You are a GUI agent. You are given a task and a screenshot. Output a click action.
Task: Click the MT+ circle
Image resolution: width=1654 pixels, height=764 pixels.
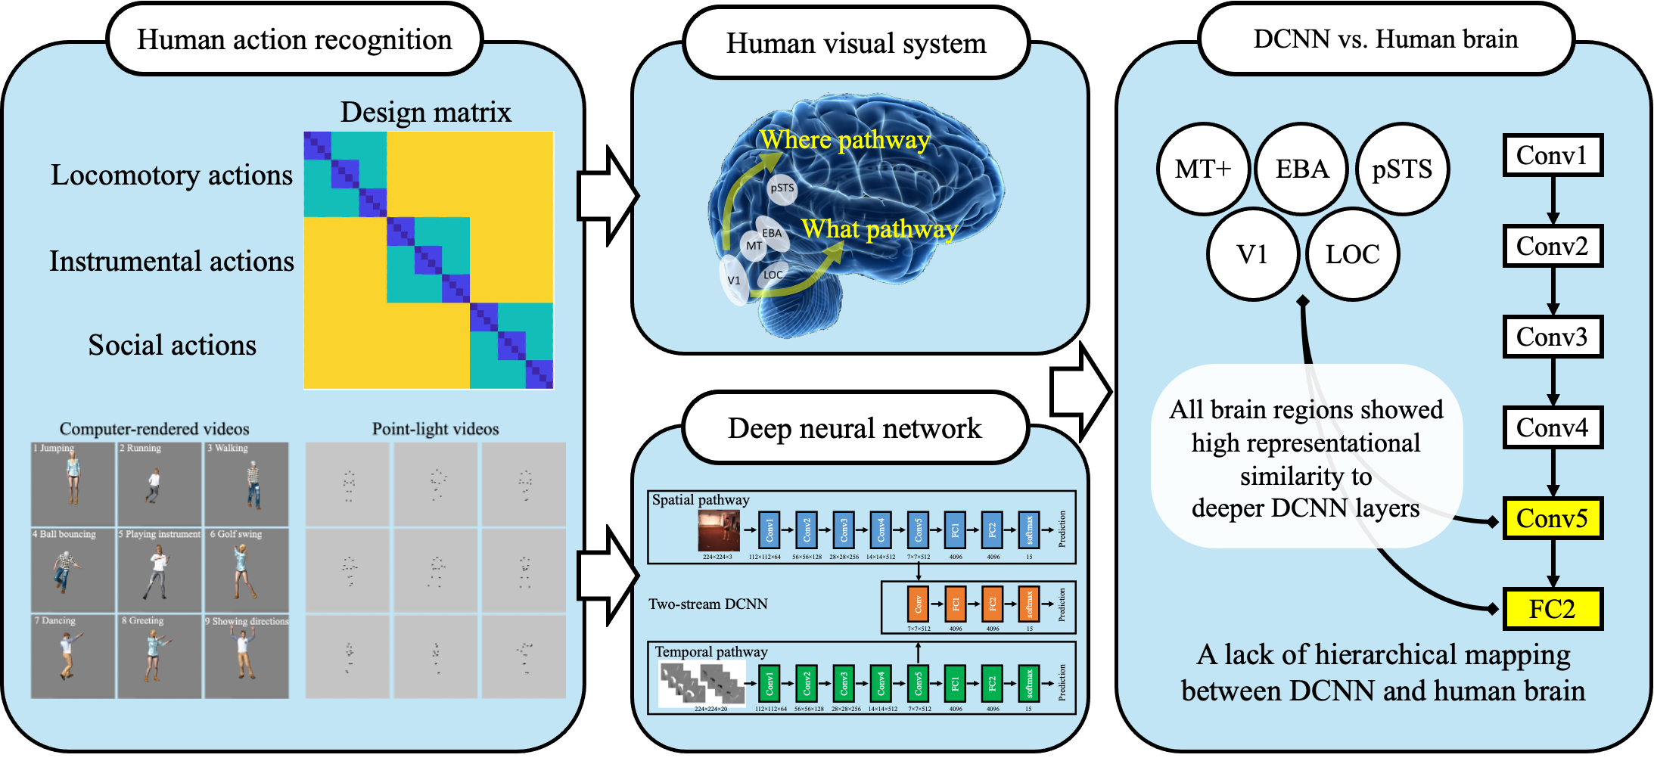click(x=1203, y=169)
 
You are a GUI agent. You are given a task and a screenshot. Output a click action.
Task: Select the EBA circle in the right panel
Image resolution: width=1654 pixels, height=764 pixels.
click(x=1302, y=169)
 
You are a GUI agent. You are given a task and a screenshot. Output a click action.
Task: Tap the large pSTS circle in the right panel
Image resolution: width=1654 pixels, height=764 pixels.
click(x=1402, y=169)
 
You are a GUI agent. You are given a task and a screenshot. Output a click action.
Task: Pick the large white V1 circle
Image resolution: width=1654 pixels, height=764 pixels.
click(x=1253, y=254)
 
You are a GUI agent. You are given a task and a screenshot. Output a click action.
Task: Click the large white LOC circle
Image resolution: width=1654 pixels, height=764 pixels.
click(x=1353, y=254)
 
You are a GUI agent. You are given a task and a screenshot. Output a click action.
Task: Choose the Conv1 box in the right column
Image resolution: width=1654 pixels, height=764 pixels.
click(x=1552, y=156)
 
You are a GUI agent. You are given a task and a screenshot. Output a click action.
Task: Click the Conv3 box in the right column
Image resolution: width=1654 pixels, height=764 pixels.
click(x=1552, y=337)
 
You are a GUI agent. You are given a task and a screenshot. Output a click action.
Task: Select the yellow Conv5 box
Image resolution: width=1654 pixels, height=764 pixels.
click(x=1552, y=518)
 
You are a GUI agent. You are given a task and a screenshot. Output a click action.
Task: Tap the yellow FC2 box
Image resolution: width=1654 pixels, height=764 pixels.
click(x=1552, y=609)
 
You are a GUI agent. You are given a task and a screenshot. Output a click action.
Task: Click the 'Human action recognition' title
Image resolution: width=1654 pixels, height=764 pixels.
click(x=294, y=40)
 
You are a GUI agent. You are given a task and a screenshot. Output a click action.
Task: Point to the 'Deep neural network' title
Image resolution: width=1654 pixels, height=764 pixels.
click(x=855, y=429)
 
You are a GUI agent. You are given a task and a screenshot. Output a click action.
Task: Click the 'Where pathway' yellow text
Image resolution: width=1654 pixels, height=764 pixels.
click(x=844, y=140)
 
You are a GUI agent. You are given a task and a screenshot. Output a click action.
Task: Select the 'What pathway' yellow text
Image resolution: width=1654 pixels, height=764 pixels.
click(x=879, y=228)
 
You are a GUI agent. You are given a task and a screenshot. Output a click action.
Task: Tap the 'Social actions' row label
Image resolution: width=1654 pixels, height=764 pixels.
click(x=173, y=346)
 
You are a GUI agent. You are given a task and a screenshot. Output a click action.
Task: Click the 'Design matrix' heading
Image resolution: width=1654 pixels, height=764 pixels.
click(x=426, y=113)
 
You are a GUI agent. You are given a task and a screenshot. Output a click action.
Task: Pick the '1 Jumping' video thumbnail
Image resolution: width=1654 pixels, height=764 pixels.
click(x=73, y=484)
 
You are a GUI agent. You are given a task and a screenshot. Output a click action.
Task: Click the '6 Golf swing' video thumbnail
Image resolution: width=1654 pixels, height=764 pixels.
click(x=247, y=570)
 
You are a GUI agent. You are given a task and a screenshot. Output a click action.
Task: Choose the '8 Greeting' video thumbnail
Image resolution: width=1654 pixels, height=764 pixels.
click(x=160, y=656)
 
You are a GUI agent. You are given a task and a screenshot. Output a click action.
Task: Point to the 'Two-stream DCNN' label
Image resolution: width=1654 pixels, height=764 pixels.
click(x=708, y=604)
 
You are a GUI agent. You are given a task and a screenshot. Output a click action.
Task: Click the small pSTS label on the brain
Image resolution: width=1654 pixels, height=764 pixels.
click(x=782, y=188)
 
